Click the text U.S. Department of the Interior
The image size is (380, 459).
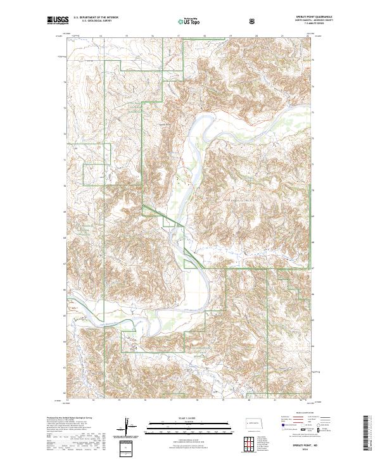coord(96,18)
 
